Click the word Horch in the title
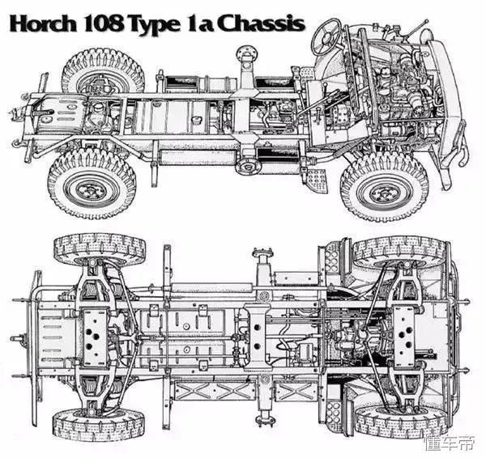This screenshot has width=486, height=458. pos(43,23)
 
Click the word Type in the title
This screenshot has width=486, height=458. pos(155,25)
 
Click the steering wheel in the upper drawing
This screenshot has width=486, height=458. pos(326,36)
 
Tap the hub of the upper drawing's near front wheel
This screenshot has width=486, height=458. pos(385,192)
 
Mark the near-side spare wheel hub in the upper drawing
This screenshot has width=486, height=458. pos(249,168)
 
